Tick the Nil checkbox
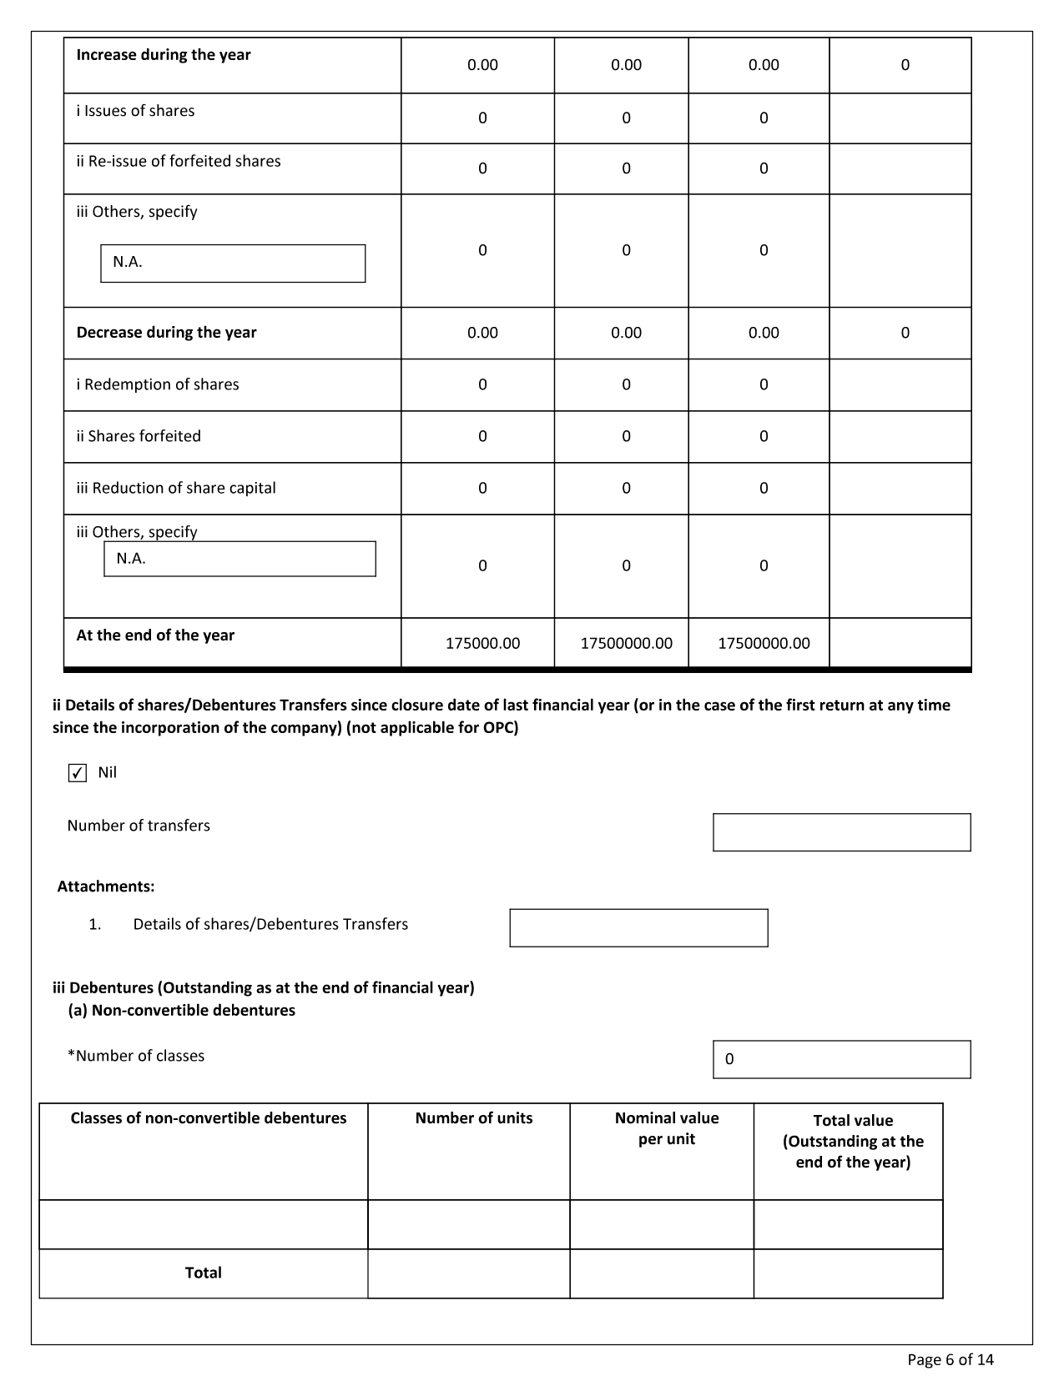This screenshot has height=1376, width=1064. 78,773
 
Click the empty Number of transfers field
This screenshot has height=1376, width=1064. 841,832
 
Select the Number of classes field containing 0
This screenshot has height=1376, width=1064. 841,1059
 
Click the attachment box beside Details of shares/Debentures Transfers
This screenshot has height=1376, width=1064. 638,928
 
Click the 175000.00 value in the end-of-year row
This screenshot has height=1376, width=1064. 482,643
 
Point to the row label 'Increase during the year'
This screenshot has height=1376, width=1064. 164,55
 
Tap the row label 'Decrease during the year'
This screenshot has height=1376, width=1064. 167,333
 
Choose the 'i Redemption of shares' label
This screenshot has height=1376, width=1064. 158,384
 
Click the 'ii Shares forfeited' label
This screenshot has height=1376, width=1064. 139,436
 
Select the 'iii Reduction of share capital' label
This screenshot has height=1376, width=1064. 176,488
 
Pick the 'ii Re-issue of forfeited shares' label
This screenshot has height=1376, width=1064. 179,161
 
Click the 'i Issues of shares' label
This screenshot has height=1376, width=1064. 135,111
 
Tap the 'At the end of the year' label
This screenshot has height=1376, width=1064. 155,635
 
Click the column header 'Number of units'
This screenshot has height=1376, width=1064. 474,1118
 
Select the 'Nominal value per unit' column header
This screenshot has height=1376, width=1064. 667,1128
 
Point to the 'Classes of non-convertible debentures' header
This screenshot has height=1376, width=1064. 209,1118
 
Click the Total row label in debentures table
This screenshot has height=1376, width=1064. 204,1273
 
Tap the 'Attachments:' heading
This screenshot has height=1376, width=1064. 106,886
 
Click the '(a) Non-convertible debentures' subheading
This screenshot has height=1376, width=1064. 182,1011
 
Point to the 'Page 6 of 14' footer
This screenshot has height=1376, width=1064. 951,1360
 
